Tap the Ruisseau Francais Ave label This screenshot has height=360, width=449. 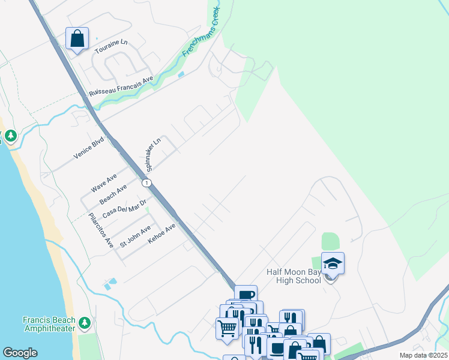click(x=121, y=86)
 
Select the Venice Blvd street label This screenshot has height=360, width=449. click(x=89, y=148)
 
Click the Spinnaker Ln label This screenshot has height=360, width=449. click(x=154, y=154)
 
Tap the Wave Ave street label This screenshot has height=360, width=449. click(x=103, y=183)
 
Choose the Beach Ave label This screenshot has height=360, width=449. click(x=113, y=193)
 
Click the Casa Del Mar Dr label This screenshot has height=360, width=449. click(x=125, y=208)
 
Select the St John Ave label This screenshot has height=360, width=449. click(x=135, y=236)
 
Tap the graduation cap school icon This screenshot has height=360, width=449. click(x=333, y=263)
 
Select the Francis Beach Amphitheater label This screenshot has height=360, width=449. click(x=49, y=324)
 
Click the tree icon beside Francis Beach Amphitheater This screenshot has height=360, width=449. click(x=85, y=324)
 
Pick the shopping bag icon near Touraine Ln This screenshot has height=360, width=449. click(x=77, y=39)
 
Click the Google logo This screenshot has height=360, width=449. click(x=20, y=353)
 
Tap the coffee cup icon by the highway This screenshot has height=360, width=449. click(x=246, y=294)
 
